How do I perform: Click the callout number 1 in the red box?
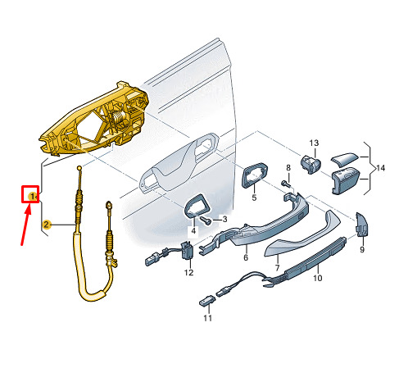tap(33, 196)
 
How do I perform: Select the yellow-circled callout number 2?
tap(46, 225)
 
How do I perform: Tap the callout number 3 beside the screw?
tap(224, 219)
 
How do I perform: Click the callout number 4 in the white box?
tap(193, 231)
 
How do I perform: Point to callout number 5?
tap(254, 198)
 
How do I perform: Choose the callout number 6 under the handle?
tap(246, 257)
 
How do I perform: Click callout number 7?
tap(277, 267)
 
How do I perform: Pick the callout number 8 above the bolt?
tap(288, 168)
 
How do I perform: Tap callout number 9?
tap(362, 249)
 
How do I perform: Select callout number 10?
tap(317, 278)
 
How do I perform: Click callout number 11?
tap(207, 318)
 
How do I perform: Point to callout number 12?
tap(188, 272)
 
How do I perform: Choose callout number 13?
tap(314, 143)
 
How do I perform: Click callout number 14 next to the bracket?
tap(380, 168)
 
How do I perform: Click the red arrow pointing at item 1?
tap(26, 225)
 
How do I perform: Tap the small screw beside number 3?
tap(205, 220)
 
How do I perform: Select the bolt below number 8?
tap(286, 184)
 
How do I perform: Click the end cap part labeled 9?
tap(361, 225)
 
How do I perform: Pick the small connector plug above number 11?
tap(207, 301)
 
